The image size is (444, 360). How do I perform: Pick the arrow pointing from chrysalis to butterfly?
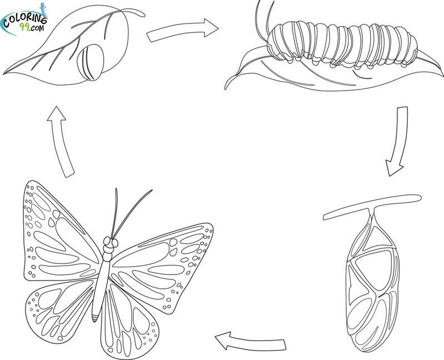coord(251,342)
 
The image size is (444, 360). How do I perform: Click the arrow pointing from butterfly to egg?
coord(61,142)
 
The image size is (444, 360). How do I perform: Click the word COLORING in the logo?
coord(25,21)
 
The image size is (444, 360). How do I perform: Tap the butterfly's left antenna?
coord(115,213)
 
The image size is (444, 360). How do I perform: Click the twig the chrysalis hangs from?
coord(371,207)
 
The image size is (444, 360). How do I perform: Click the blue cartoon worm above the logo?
coord(43,9)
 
